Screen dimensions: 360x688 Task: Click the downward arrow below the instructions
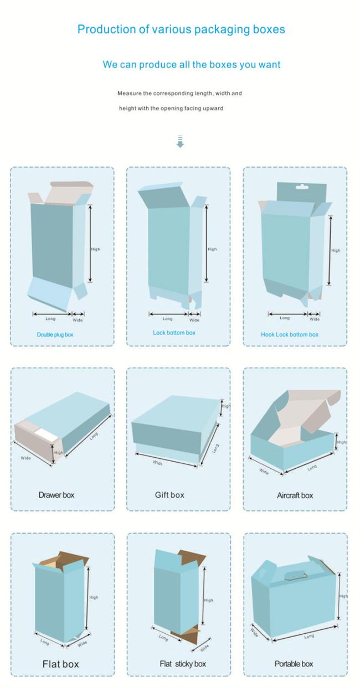pyautogui.click(x=180, y=141)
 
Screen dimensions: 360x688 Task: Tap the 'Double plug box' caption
pyautogui.click(x=55, y=334)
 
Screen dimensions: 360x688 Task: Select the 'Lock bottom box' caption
pyautogui.click(x=174, y=333)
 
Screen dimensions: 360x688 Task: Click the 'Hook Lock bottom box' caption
pyautogui.click(x=290, y=334)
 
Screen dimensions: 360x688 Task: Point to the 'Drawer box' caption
pyautogui.click(x=56, y=495)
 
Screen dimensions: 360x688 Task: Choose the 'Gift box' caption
pyautogui.click(x=169, y=495)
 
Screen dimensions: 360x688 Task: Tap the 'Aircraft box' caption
pyautogui.click(x=295, y=495)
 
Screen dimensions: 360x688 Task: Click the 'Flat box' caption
pyautogui.click(x=60, y=664)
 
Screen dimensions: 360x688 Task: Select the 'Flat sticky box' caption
pyautogui.click(x=183, y=664)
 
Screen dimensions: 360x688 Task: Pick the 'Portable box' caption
pyautogui.click(x=294, y=664)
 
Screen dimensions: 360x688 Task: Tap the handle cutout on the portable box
pyautogui.click(x=294, y=576)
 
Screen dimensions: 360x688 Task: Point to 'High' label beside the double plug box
pyautogui.click(x=95, y=249)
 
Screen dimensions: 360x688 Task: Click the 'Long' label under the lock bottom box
pyautogui.click(x=168, y=319)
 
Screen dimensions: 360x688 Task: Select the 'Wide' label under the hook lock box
pyautogui.click(x=315, y=319)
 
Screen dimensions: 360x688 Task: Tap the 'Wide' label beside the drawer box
pyautogui.click(x=26, y=458)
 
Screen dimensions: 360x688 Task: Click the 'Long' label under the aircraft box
pyautogui.click(x=312, y=468)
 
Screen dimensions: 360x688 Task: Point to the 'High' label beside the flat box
pyautogui.click(x=94, y=597)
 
